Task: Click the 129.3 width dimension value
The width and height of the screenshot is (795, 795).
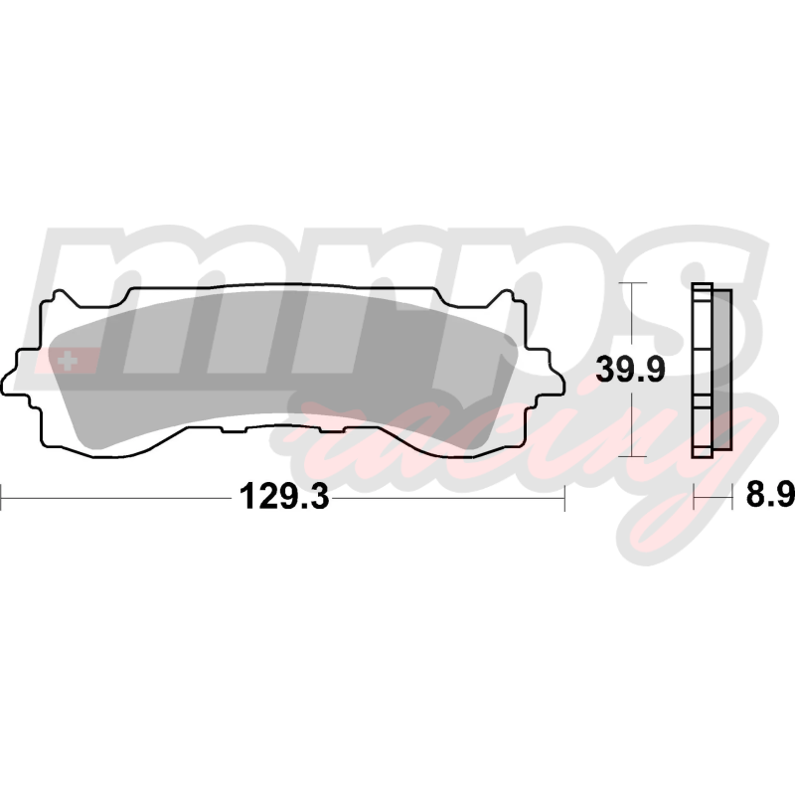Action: (284, 496)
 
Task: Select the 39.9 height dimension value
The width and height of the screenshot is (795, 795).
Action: (630, 369)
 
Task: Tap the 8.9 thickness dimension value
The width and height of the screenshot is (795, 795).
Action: (769, 495)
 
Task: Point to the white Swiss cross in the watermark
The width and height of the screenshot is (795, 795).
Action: (68, 362)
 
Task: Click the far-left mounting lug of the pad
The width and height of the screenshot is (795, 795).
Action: (15, 375)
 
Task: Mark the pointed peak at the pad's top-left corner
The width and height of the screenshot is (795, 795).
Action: (61, 292)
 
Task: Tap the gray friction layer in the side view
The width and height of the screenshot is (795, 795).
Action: (722, 370)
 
